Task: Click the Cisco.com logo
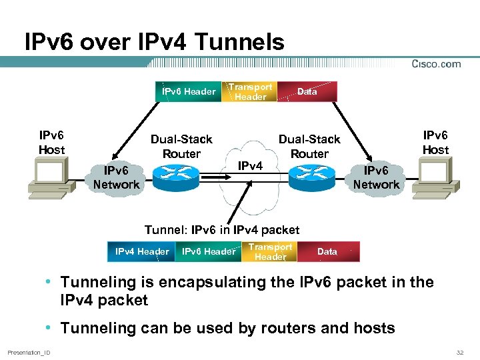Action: point(436,64)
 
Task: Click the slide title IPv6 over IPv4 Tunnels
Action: point(154,43)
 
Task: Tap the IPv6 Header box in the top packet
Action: point(189,91)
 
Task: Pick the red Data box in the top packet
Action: point(307,91)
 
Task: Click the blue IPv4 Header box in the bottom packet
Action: point(141,251)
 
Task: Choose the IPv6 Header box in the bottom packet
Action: point(208,251)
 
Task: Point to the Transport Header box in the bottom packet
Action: point(270,251)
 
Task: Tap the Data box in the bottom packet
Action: point(327,251)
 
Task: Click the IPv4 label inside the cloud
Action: point(250,165)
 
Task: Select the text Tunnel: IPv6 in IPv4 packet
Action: point(222,230)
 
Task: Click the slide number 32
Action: point(459,351)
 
